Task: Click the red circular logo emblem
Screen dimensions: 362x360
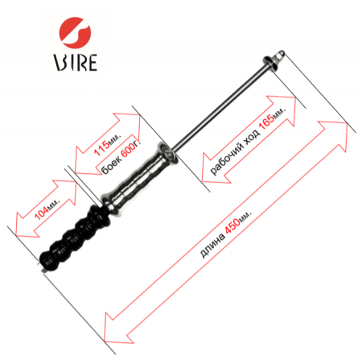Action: point(75,32)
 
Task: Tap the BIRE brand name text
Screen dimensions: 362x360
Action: point(76,63)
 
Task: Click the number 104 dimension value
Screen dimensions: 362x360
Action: point(42,213)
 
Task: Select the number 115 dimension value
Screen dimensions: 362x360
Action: point(102,148)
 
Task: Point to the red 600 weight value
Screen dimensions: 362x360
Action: point(128,151)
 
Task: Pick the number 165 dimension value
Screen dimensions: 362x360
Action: point(266,122)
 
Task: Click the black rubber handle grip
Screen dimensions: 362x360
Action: point(74,238)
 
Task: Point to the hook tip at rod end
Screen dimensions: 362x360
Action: point(279,54)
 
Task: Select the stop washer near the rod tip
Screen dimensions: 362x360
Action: point(270,63)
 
